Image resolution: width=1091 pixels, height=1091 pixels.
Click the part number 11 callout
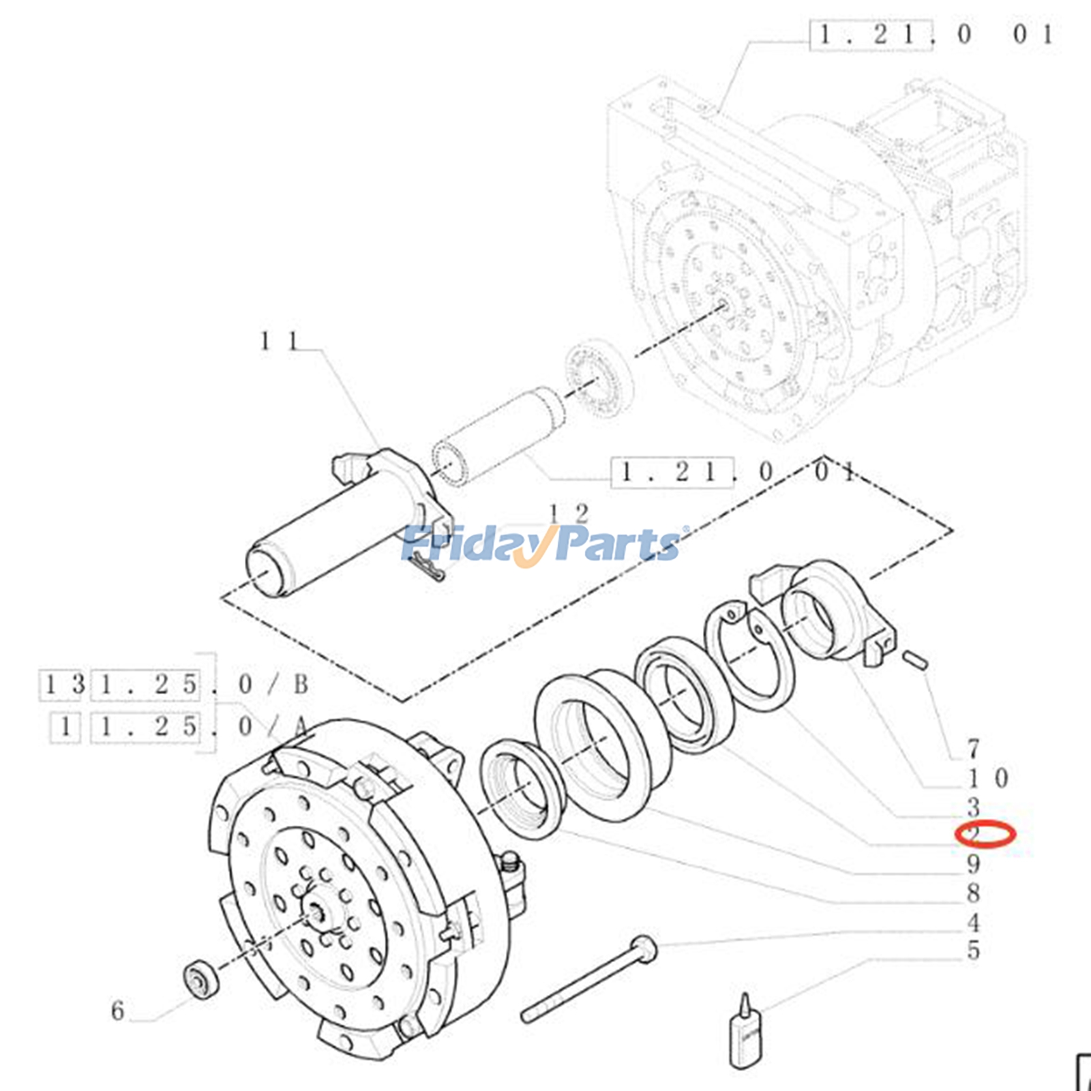[x=280, y=341]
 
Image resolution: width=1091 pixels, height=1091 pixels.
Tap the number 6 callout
[x=118, y=1010]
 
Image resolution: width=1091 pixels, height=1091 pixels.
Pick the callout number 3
[x=973, y=807]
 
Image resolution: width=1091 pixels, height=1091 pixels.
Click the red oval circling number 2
[x=985, y=834]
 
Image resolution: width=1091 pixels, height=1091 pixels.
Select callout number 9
[x=973, y=864]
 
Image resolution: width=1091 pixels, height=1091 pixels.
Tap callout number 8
[x=973, y=893]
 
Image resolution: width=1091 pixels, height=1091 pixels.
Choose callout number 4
[x=973, y=923]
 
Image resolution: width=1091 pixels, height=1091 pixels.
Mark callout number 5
[x=973, y=951]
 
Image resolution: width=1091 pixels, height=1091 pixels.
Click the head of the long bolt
[x=643, y=948]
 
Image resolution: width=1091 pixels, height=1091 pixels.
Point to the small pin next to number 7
[x=914, y=659]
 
